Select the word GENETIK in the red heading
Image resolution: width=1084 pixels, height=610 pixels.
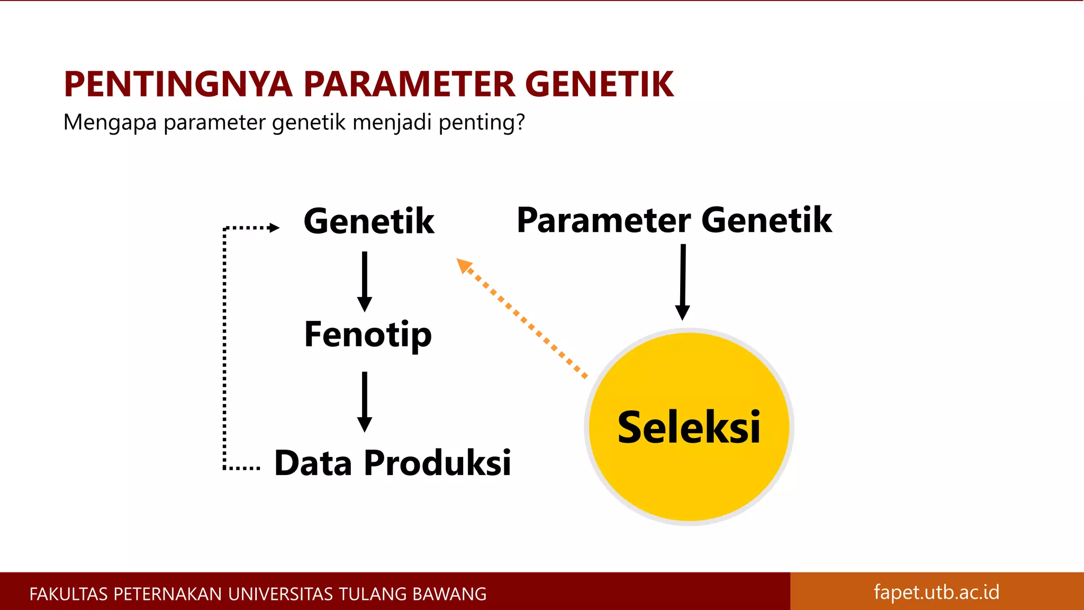(599, 85)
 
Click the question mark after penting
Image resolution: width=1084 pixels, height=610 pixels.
(520, 122)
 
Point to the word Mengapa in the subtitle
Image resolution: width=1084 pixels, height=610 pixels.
(110, 123)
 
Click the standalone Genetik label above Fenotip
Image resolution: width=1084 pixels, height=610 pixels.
(369, 221)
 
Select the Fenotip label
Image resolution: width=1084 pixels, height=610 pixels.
(368, 335)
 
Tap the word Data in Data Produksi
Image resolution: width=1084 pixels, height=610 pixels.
(313, 463)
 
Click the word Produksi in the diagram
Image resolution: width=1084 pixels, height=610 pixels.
(437, 463)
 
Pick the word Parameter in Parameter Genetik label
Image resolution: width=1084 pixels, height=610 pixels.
(603, 220)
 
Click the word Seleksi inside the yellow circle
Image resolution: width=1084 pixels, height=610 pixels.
(689, 428)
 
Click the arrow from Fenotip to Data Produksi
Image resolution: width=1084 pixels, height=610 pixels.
(364, 401)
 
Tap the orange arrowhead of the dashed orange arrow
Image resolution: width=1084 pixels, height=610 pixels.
(464, 265)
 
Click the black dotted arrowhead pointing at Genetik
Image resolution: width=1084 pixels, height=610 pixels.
(274, 228)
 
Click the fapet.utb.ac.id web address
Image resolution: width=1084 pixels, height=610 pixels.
(936, 592)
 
